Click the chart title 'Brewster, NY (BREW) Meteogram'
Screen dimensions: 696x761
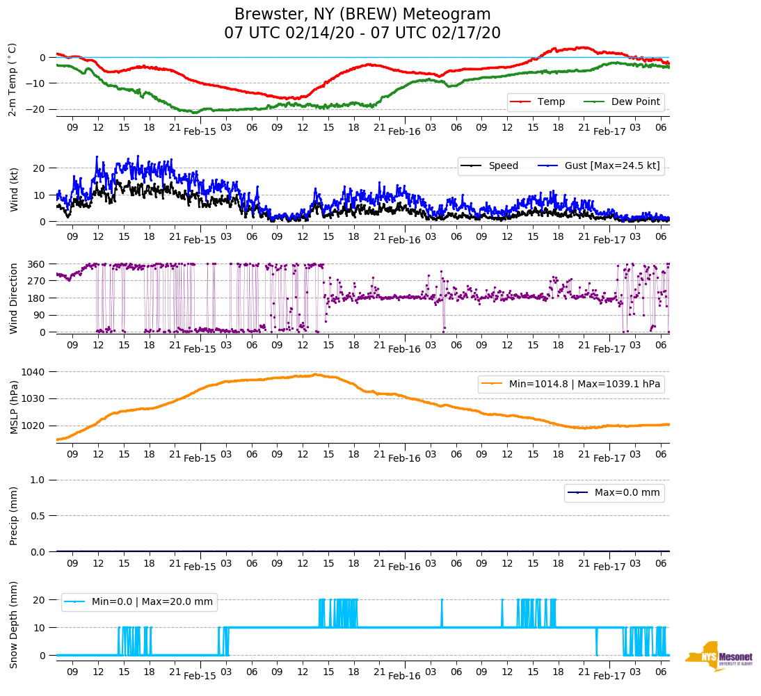click(362, 15)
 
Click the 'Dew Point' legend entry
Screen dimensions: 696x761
click(635, 102)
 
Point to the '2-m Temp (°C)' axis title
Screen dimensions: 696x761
click(13, 79)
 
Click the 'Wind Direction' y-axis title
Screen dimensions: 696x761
click(14, 298)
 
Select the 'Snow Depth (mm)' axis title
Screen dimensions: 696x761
click(14, 624)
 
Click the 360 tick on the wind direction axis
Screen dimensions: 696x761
click(37, 264)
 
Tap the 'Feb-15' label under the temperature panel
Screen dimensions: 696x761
click(200, 131)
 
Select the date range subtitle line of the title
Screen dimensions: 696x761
click(362, 33)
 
